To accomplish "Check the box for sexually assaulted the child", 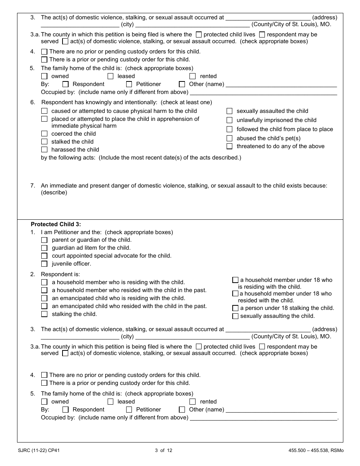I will point(229,111).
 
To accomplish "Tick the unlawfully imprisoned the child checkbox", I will point(229,120).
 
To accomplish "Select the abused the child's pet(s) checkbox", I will point(229,138).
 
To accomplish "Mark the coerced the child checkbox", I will point(44,134).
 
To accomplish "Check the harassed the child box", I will point(44,150).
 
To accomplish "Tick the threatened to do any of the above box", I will point(229,146).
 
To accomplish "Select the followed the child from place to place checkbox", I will point(229,129).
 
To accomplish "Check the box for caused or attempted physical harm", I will point(44,111).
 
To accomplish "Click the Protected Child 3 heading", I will point(61,224).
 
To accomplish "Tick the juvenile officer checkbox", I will point(44,264).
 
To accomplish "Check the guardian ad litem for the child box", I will point(44,248).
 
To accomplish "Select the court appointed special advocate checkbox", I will point(44,256).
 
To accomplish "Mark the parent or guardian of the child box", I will point(44,240).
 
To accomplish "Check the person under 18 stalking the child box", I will point(235,308).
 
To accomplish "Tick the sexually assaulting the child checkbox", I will point(235,316).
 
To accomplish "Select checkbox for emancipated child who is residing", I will point(44,298).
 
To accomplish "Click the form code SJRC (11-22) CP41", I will point(39,450).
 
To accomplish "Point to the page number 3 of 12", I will point(163,450).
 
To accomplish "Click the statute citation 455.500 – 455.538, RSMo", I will point(316,450).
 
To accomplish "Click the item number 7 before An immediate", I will point(33,186).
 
